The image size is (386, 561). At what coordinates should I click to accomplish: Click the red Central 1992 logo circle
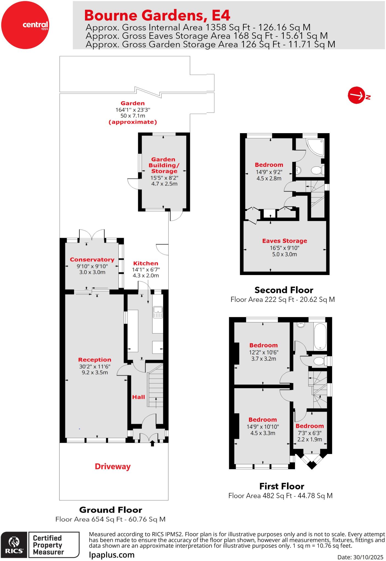25,25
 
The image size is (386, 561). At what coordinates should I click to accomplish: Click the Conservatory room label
92,259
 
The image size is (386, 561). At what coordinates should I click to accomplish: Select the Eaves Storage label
285,241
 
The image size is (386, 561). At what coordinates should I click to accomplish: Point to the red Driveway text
112,466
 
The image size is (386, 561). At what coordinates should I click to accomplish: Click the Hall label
138,397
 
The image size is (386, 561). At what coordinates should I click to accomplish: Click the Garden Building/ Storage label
164,165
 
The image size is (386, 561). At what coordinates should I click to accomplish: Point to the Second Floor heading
284,290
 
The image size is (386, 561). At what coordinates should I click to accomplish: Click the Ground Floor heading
111,510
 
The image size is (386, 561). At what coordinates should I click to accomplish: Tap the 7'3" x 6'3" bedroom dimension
310,433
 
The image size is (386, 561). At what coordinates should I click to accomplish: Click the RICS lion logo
14,545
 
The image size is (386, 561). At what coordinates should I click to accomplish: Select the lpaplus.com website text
112,555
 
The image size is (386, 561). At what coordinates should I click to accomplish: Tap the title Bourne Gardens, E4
157,15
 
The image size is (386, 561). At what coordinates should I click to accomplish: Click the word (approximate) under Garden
133,122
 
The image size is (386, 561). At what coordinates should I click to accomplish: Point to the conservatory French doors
92,235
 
